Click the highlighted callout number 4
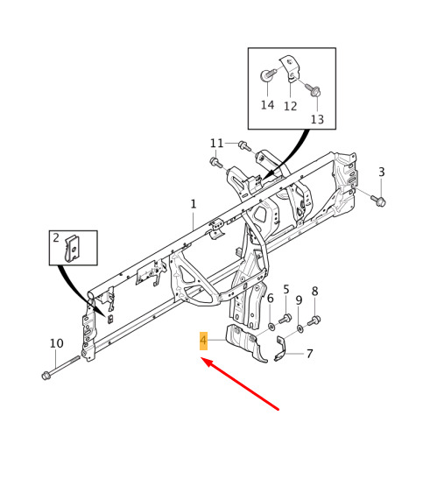(x=203, y=341)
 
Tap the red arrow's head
(x=206, y=363)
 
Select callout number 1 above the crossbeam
(x=194, y=204)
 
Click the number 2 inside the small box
(x=56, y=237)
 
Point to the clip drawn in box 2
(x=72, y=249)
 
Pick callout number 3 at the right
(x=382, y=172)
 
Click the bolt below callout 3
(x=378, y=201)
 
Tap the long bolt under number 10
(x=60, y=366)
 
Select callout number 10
(x=57, y=343)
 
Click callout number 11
(x=216, y=144)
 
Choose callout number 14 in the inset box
(x=267, y=105)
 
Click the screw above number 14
(x=268, y=75)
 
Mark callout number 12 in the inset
(x=290, y=106)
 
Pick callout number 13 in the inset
(x=317, y=119)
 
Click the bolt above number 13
(x=313, y=89)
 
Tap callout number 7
(x=310, y=354)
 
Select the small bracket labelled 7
(x=280, y=349)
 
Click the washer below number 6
(x=271, y=327)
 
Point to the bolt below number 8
(x=314, y=320)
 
